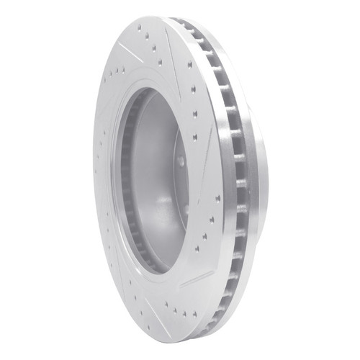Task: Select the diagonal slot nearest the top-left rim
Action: pos(130,52)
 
